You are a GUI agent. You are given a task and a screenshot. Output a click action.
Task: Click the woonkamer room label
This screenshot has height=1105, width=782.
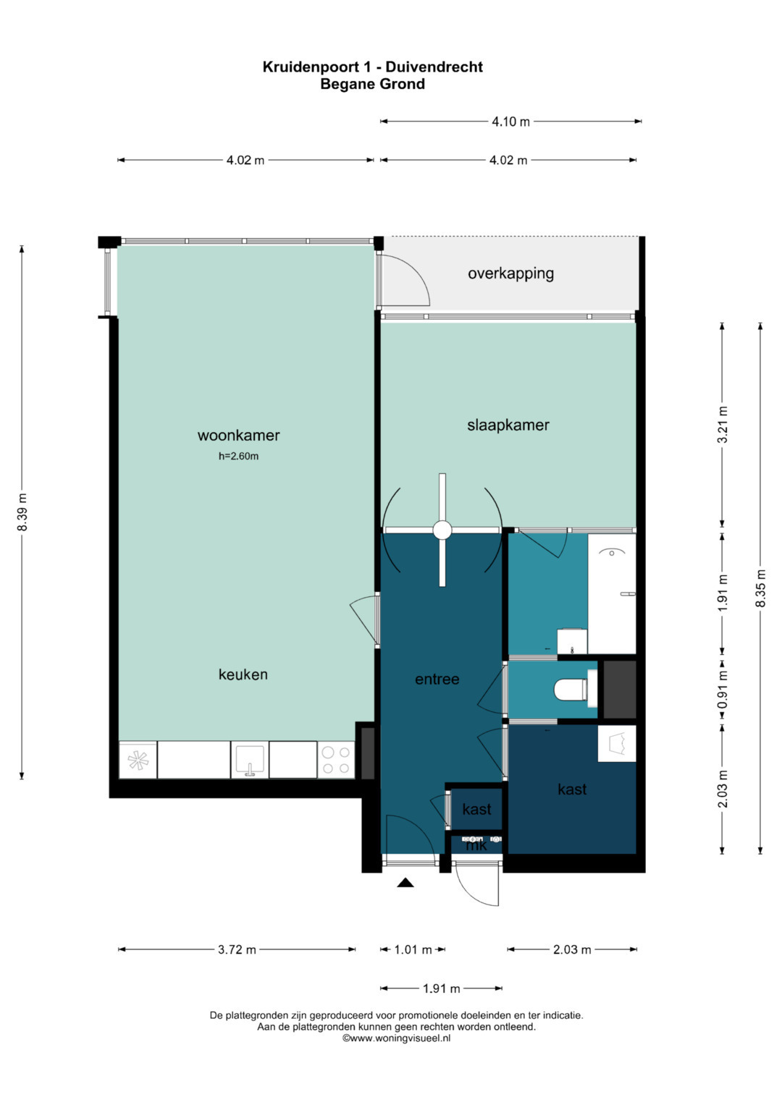pos(238,435)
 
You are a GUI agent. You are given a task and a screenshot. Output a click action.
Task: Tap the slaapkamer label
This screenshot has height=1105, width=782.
pos(508,425)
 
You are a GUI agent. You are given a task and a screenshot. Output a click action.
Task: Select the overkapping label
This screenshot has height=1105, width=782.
pos(510,274)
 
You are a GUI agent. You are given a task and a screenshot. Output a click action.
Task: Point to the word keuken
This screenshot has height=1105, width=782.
pos(243,674)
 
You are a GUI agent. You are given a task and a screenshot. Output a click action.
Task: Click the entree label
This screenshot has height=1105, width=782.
pos(437,679)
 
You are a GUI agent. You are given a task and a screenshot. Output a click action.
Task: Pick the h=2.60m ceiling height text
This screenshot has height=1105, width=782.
pos(238,456)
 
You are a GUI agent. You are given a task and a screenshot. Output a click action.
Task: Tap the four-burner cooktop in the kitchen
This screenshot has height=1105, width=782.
pos(336,761)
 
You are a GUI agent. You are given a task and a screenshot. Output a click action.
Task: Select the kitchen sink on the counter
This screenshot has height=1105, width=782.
pos(249,760)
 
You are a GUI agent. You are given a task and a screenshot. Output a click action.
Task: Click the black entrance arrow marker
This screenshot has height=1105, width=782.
pos(405,882)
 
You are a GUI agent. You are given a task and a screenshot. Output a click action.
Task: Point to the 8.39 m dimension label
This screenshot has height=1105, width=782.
pos(22,512)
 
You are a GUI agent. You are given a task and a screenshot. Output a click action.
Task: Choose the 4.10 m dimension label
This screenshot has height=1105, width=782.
pos(510,122)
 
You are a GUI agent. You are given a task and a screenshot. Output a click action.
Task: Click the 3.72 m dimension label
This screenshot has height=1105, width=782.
pos(237,949)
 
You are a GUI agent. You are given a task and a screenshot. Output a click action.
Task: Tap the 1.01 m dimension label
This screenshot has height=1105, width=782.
pos(413,949)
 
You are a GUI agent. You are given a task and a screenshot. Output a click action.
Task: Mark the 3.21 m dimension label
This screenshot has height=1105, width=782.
pos(722,425)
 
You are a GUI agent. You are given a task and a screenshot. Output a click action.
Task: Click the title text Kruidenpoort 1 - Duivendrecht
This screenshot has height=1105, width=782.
pos(372,67)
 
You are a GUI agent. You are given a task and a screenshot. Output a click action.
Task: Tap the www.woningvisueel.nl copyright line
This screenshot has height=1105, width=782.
pos(396,1038)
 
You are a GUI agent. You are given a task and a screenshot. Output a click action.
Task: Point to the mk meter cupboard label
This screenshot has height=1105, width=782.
pos(476,844)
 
